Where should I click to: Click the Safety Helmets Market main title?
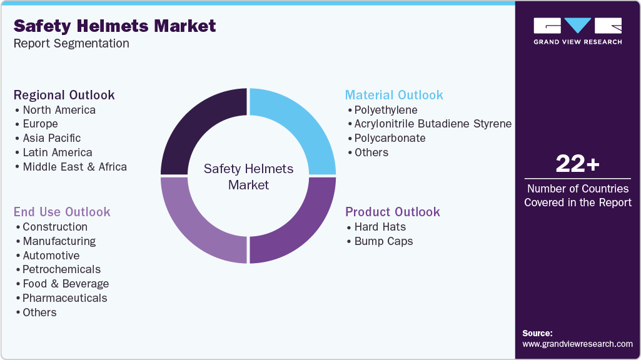[114, 26]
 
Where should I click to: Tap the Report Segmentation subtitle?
[71, 44]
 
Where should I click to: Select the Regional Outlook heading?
[64, 95]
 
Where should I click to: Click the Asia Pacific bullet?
[51, 138]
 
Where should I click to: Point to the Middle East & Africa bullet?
[74, 167]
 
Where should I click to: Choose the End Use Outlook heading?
[62, 212]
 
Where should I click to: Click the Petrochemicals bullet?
[61, 269]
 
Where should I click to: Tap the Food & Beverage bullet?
[66, 284]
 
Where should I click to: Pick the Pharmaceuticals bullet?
[64, 298]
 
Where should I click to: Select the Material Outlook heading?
[394, 95]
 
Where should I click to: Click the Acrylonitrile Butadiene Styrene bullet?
[433, 124]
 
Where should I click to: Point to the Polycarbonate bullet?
[390, 138]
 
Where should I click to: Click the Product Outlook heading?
[393, 212]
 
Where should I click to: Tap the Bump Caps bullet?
[383, 241]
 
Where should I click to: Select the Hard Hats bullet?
[380, 227]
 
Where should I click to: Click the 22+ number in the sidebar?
[577, 164]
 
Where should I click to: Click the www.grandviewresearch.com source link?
[577, 344]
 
